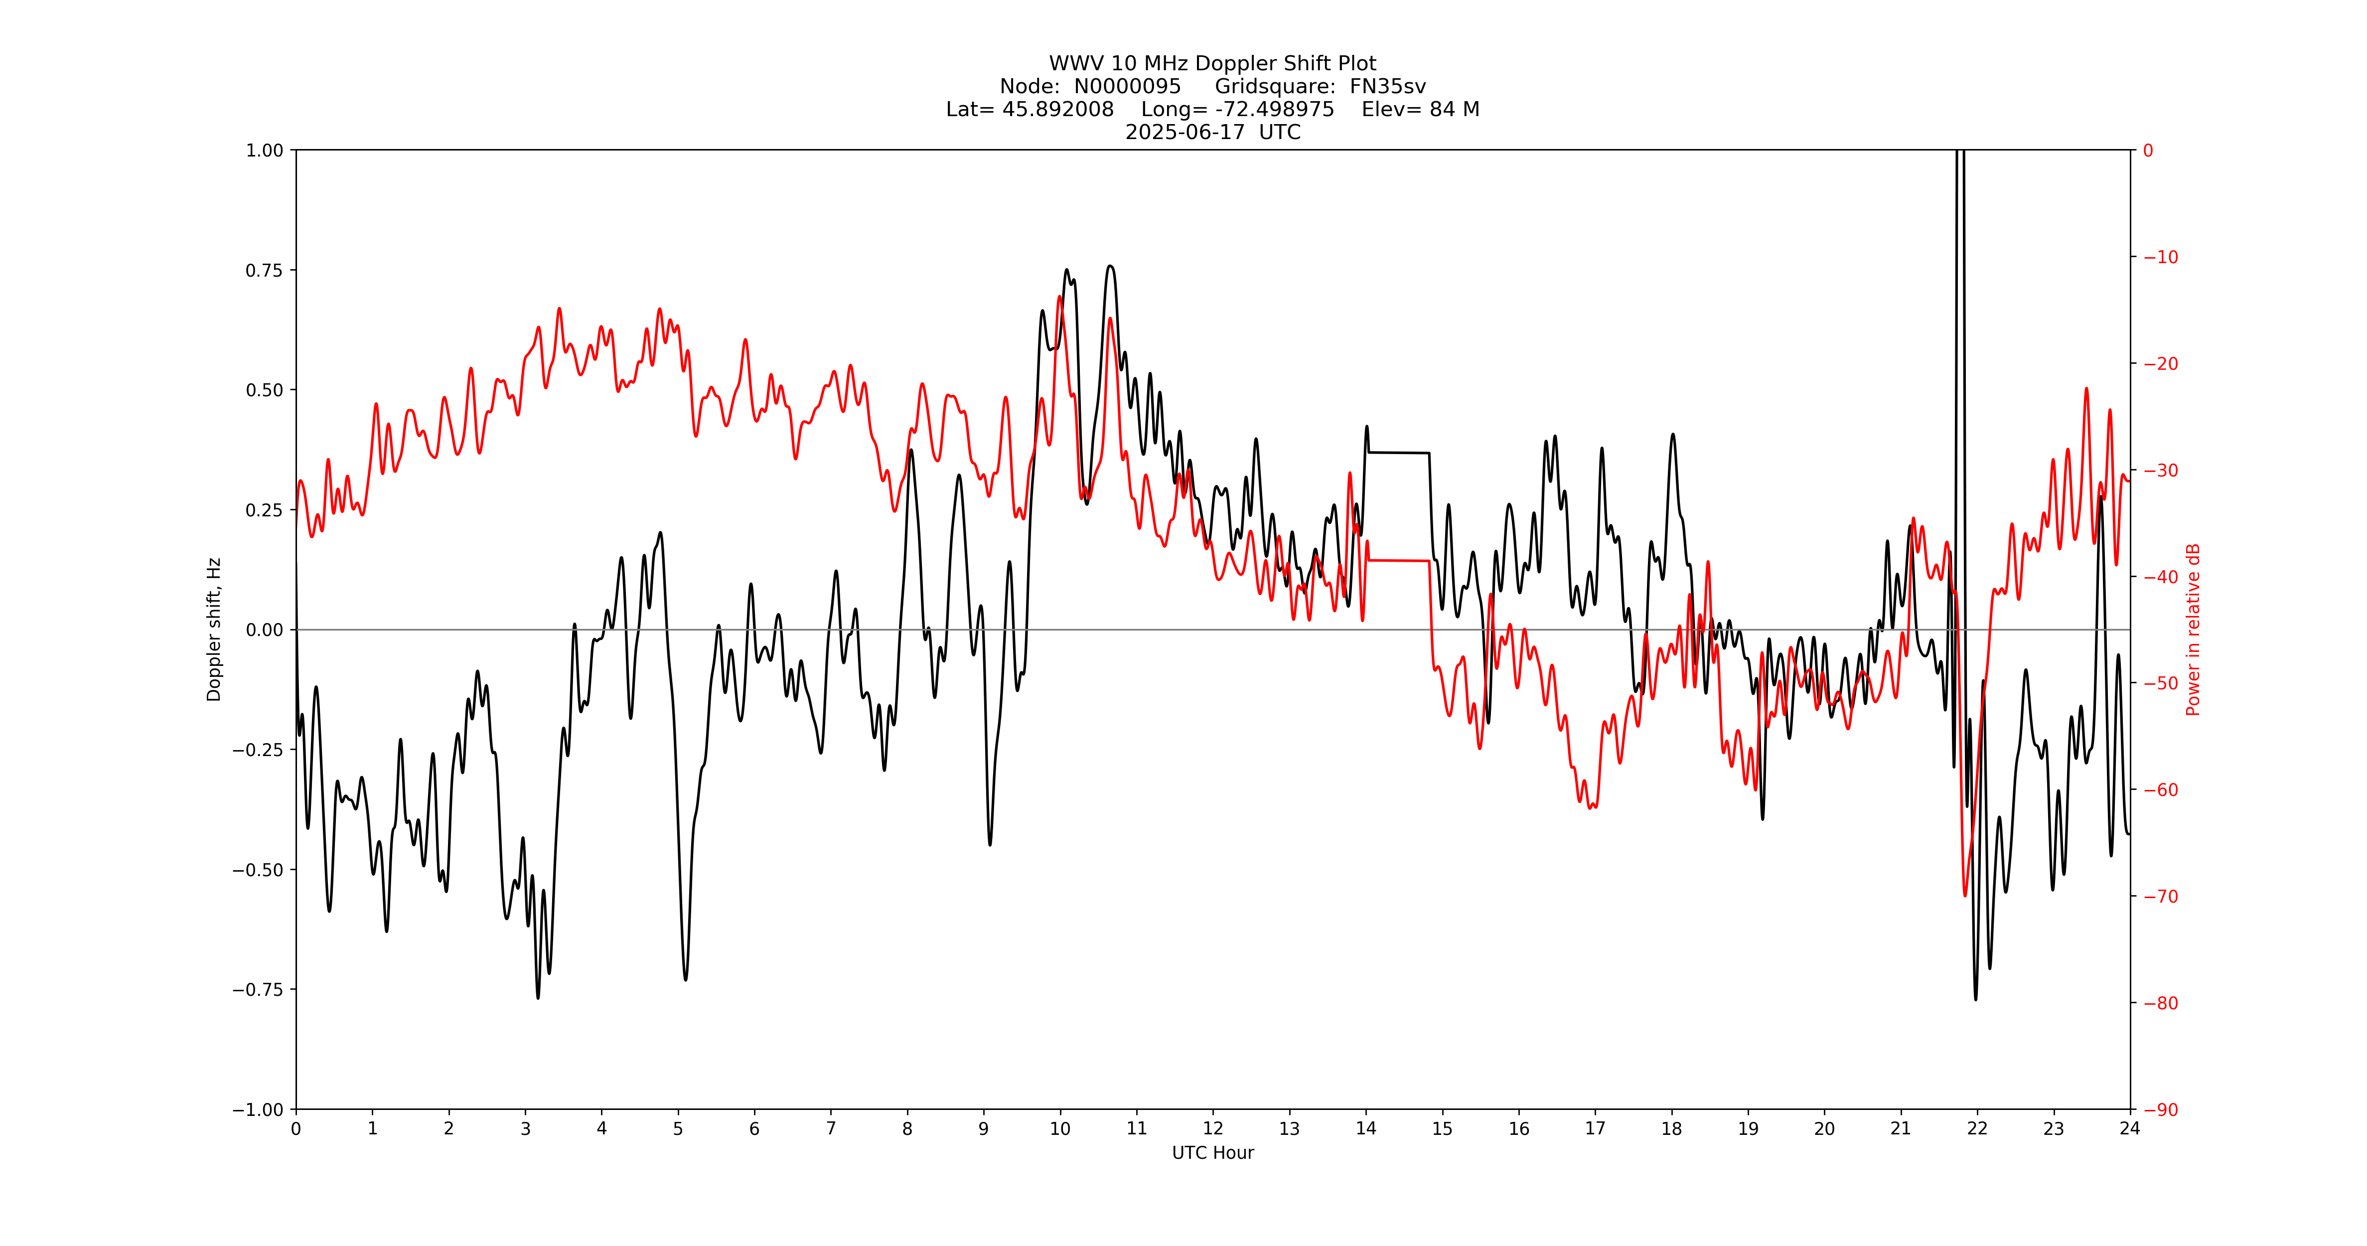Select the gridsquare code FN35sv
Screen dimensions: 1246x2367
pos(1387,86)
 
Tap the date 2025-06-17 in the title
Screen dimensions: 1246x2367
pos(1184,132)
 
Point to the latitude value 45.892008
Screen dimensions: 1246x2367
pos(1057,109)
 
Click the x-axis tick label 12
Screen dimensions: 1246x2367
pos(1213,1128)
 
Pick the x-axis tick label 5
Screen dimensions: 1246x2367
pos(678,1128)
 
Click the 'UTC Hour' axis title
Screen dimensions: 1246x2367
pos(1213,1152)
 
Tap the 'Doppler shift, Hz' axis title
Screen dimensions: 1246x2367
pos(214,629)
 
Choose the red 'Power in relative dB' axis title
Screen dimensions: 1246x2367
pos(2193,629)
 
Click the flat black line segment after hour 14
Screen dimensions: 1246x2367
pos(1398,452)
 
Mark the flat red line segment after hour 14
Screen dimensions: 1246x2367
pos(1398,560)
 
